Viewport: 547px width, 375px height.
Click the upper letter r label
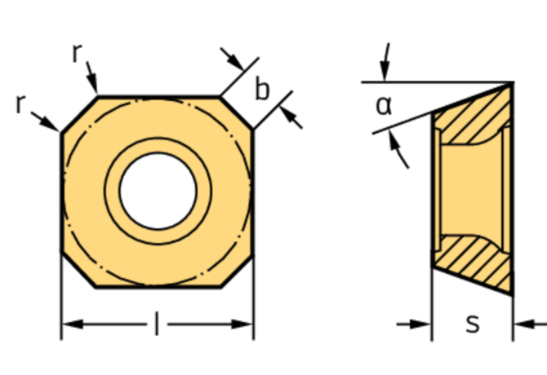coord(77,54)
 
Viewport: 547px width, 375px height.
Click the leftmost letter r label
coord(20,104)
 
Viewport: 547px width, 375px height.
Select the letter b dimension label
coord(261,90)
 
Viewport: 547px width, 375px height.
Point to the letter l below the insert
coord(157,324)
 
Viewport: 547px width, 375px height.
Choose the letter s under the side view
coord(472,324)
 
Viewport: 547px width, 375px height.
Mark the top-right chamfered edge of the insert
coord(236,112)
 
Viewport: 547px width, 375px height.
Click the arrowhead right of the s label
coord(523,324)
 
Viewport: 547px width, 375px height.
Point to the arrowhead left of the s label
coord(422,324)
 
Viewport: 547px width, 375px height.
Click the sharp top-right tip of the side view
coord(512,82)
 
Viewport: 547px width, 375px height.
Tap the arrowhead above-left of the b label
coord(235,62)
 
